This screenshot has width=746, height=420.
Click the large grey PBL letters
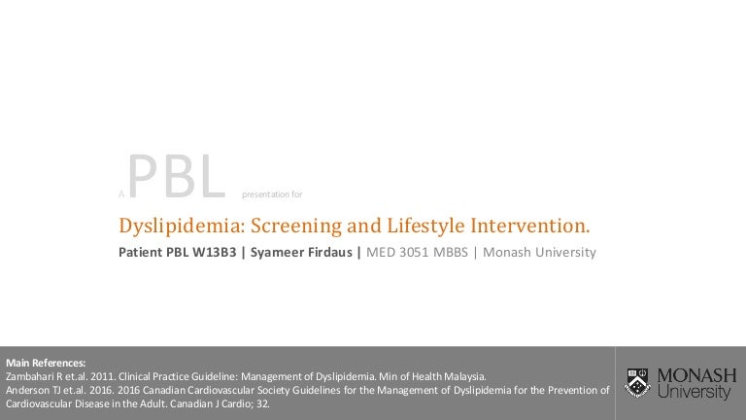point(177,176)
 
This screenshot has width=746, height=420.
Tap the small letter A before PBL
point(121,194)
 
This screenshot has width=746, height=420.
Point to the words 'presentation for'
point(272,194)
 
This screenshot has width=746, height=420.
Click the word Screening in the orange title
point(296,227)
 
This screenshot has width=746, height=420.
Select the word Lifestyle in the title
point(425,227)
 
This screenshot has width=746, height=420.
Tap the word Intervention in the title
point(527,226)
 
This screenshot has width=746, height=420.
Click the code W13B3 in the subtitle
point(214,252)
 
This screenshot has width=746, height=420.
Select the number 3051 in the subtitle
point(414,252)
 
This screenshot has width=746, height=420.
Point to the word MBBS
point(450,252)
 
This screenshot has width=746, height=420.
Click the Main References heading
point(46,363)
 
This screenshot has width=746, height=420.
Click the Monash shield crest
point(637,383)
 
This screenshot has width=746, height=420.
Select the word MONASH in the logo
point(696,375)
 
